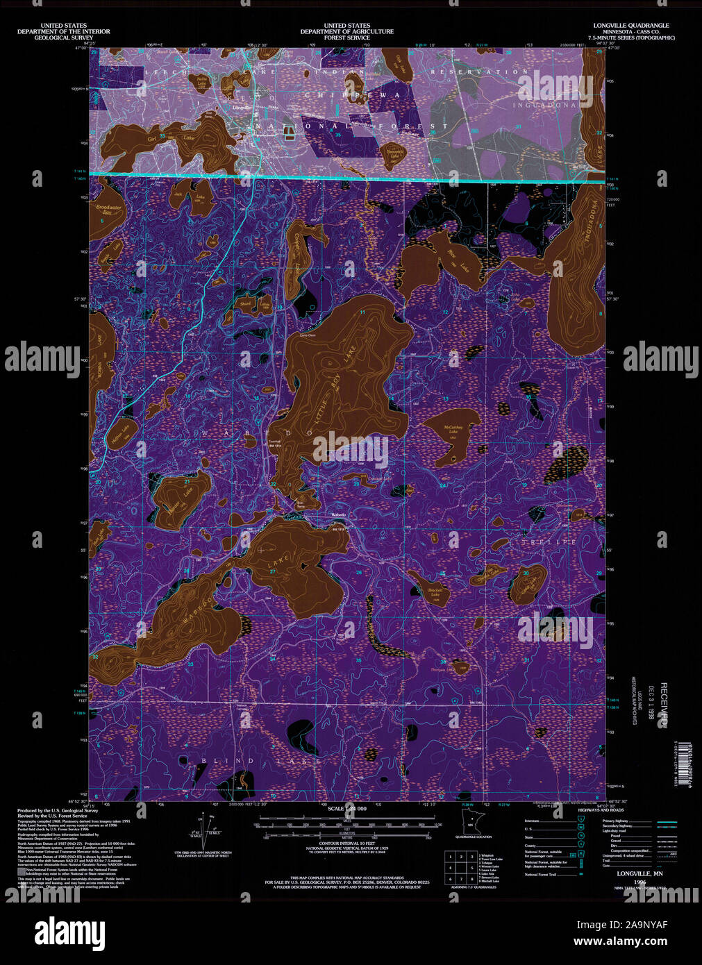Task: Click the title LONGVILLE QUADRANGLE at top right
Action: click(x=631, y=26)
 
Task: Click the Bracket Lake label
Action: click(x=435, y=593)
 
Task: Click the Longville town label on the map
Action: click(x=242, y=108)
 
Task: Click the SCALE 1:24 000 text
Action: click(x=347, y=809)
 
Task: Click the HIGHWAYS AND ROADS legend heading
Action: click(x=601, y=810)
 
